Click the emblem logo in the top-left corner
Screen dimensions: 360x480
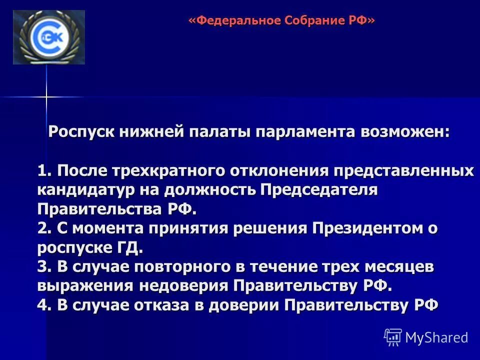coord(48,37)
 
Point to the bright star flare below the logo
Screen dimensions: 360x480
coord(46,96)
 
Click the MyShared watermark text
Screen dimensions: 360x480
coord(436,337)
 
